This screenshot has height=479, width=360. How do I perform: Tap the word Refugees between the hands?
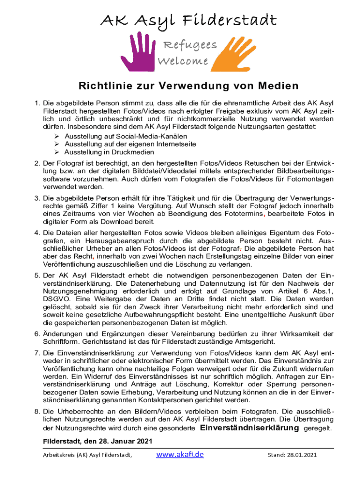(189, 45)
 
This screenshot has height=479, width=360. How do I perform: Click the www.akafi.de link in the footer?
(180, 454)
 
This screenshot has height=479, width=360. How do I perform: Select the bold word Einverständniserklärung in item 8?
(250, 428)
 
